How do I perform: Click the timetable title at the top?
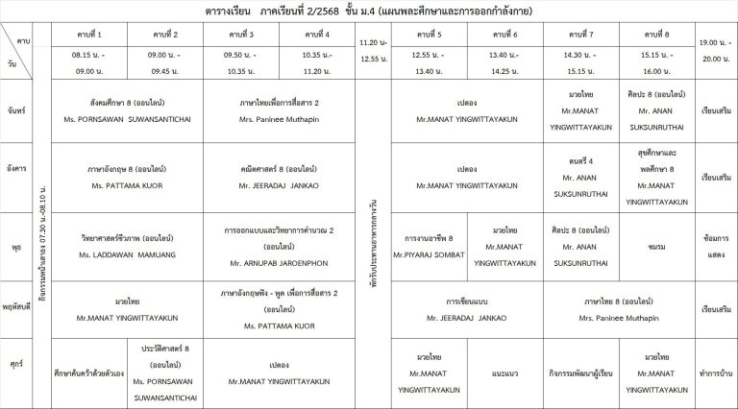[x=368, y=11]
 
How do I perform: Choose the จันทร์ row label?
[x=15, y=109]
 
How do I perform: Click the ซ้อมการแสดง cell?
[x=715, y=246]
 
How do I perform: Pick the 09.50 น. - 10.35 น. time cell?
[x=241, y=63]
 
